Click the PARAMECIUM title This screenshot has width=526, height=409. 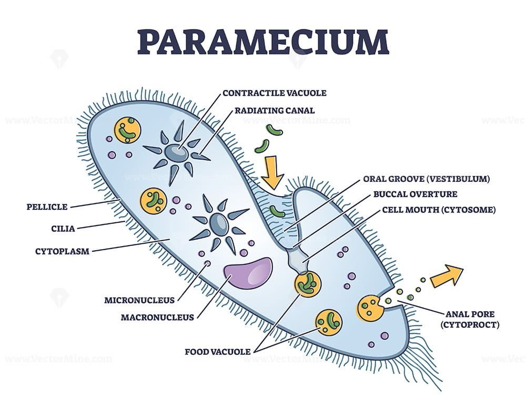[263, 42]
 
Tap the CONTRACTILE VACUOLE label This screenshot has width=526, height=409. [275, 93]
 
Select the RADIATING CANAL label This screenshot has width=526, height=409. [275, 110]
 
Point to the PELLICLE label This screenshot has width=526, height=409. [47, 207]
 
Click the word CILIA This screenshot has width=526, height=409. [63, 229]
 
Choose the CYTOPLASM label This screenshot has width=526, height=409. [63, 251]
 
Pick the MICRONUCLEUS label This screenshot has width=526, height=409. [139, 300]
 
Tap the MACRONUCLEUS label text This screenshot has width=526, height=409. [157, 317]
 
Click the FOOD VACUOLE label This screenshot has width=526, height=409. [218, 352]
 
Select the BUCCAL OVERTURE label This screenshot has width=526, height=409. [416, 194]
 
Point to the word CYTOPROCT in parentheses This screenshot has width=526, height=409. [470, 324]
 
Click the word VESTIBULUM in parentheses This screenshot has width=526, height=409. [458, 179]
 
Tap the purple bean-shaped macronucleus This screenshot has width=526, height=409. [248, 272]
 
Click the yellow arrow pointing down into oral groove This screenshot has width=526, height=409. [272, 172]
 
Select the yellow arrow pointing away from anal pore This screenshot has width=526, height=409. [447, 275]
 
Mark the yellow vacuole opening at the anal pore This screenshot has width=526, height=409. [370, 308]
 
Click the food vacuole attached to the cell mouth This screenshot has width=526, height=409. [308, 284]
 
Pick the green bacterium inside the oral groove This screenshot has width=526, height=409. [277, 211]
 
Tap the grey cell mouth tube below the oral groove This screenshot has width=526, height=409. [297, 260]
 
